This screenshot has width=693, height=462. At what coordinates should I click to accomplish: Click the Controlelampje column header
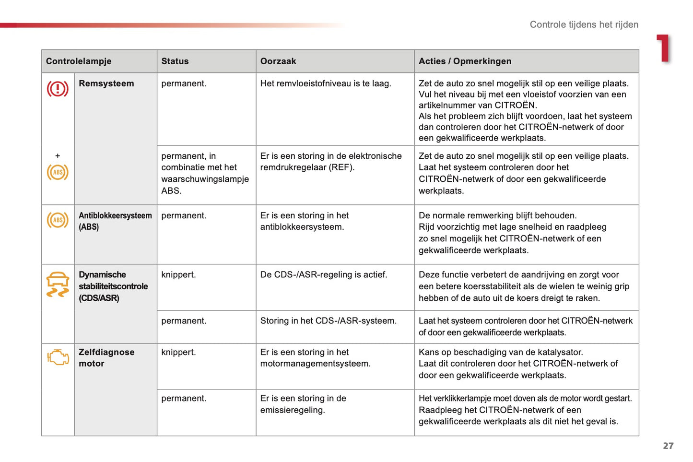(x=79, y=61)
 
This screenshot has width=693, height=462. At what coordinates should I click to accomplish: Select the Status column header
(x=175, y=61)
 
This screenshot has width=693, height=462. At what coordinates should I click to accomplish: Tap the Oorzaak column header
(x=278, y=61)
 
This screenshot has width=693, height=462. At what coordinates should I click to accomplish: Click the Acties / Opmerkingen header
(x=465, y=61)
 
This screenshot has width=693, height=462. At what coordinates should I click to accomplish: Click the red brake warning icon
(x=58, y=89)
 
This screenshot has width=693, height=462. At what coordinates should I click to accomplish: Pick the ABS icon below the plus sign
(x=58, y=172)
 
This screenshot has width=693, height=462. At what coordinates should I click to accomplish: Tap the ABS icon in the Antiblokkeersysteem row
(x=58, y=220)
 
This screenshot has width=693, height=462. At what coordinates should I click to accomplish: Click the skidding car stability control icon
(x=58, y=284)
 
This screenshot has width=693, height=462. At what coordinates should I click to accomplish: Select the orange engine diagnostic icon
(x=58, y=357)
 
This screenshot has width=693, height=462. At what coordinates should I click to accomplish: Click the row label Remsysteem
(x=106, y=83)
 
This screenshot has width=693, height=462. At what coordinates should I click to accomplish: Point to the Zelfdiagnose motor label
(x=106, y=358)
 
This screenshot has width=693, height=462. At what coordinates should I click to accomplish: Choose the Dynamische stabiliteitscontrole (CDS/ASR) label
(x=113, y=286)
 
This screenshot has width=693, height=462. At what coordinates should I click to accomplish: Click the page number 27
(x=668, y=446)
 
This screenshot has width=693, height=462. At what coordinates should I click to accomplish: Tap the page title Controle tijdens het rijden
(x=584, y=24)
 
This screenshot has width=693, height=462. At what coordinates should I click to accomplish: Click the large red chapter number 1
(x=664, y=48)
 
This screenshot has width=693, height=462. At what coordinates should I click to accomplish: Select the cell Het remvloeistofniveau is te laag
(x=326, y=83)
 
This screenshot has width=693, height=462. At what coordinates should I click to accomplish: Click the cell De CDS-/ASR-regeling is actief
(x=324, y=275)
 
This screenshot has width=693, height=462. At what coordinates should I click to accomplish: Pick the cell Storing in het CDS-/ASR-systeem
(x=329, y=321)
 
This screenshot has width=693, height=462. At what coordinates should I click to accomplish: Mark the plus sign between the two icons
(x=58, y=156)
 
